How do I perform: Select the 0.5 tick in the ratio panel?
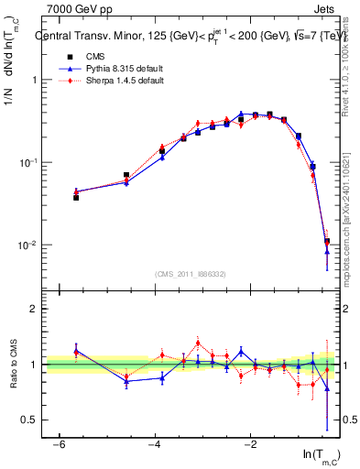click(33, 420)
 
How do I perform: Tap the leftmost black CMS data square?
click(76, 198)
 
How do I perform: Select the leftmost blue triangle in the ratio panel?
click(76, 350)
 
